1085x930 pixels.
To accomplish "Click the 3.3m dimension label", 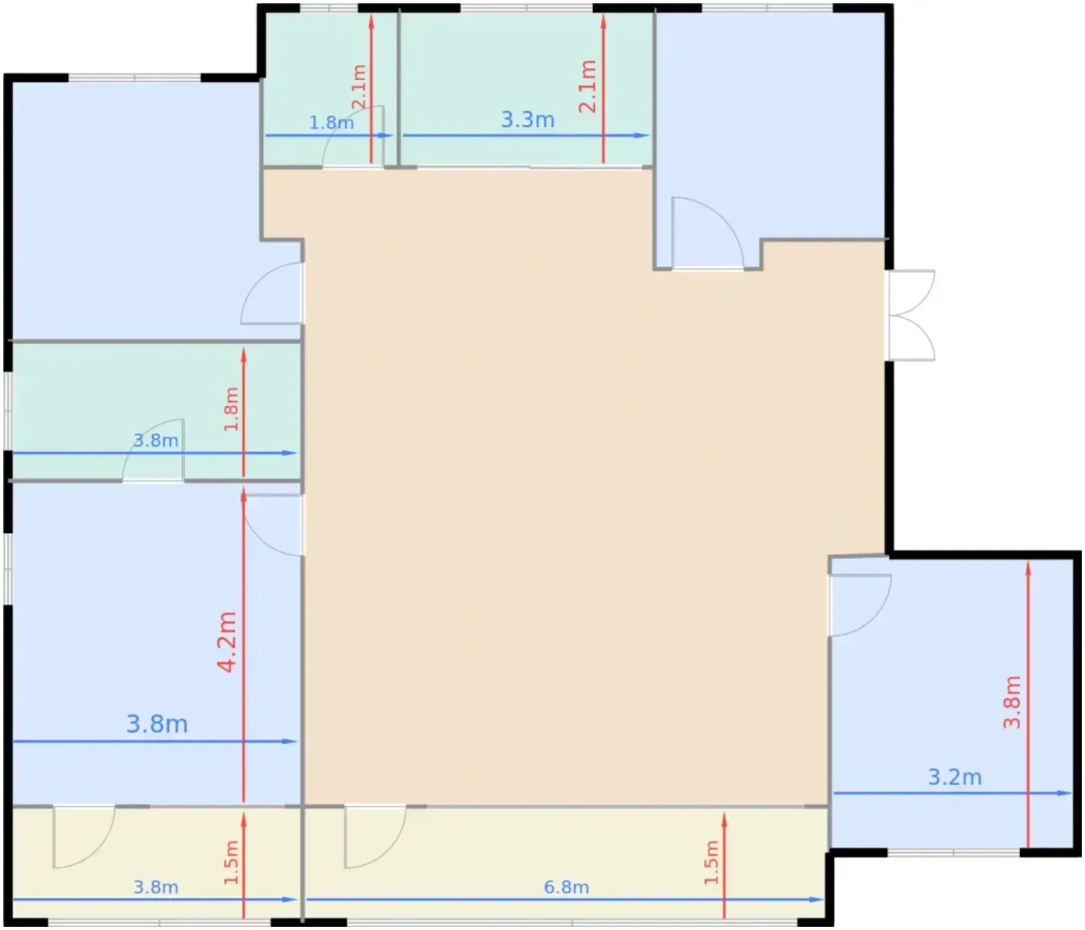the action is point(527,119).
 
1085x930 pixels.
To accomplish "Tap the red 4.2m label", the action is point(227,642).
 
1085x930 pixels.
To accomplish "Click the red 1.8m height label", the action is point(231,409).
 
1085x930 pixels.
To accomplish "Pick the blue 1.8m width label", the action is point(331,122).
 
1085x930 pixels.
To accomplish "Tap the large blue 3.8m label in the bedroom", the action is point(157,724).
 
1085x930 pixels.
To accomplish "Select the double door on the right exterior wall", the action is point(911,315).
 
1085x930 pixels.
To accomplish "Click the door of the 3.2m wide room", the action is point(859,605).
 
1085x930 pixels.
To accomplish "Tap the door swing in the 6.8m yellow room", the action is point(375,836).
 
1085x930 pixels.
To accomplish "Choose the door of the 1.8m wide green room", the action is point(353,137).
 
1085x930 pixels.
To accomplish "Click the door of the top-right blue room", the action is point(708,233).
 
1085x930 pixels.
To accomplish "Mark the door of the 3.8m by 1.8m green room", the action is point(153,449).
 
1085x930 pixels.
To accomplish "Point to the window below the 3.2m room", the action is point(953,852).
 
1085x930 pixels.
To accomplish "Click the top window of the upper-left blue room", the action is point(134,77).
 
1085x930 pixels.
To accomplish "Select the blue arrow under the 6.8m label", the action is point(565,899).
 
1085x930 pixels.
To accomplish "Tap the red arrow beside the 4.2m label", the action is point(243,645).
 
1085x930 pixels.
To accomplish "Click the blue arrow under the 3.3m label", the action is point(526,136).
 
